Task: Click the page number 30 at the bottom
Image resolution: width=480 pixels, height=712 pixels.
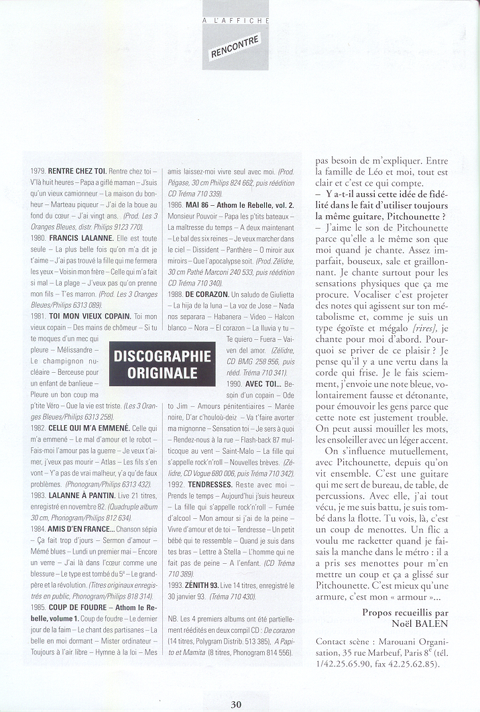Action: coord(236,704)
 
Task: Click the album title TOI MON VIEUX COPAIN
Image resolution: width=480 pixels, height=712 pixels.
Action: coord(89,315)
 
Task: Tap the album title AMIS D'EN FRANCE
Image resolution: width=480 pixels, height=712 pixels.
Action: coord(81,528)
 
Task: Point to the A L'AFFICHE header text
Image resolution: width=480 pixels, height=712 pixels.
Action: coord(236,21)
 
